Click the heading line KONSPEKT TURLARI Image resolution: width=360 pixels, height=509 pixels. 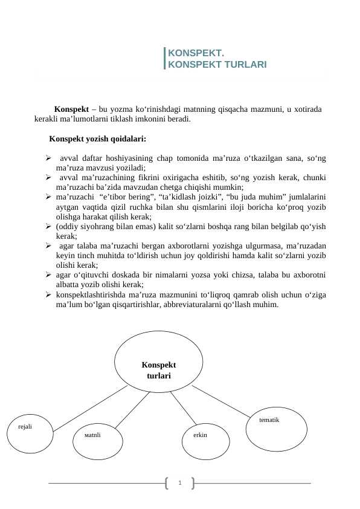point(217,64)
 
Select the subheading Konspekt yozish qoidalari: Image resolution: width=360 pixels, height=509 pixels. point(97,138)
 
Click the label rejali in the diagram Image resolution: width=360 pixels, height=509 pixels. point(25,426)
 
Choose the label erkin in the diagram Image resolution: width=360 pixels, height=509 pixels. point(201,435)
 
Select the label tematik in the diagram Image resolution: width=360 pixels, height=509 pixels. point(269,419)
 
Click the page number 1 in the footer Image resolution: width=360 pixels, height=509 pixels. point(179,482)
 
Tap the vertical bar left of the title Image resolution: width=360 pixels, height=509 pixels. point(165,59)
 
